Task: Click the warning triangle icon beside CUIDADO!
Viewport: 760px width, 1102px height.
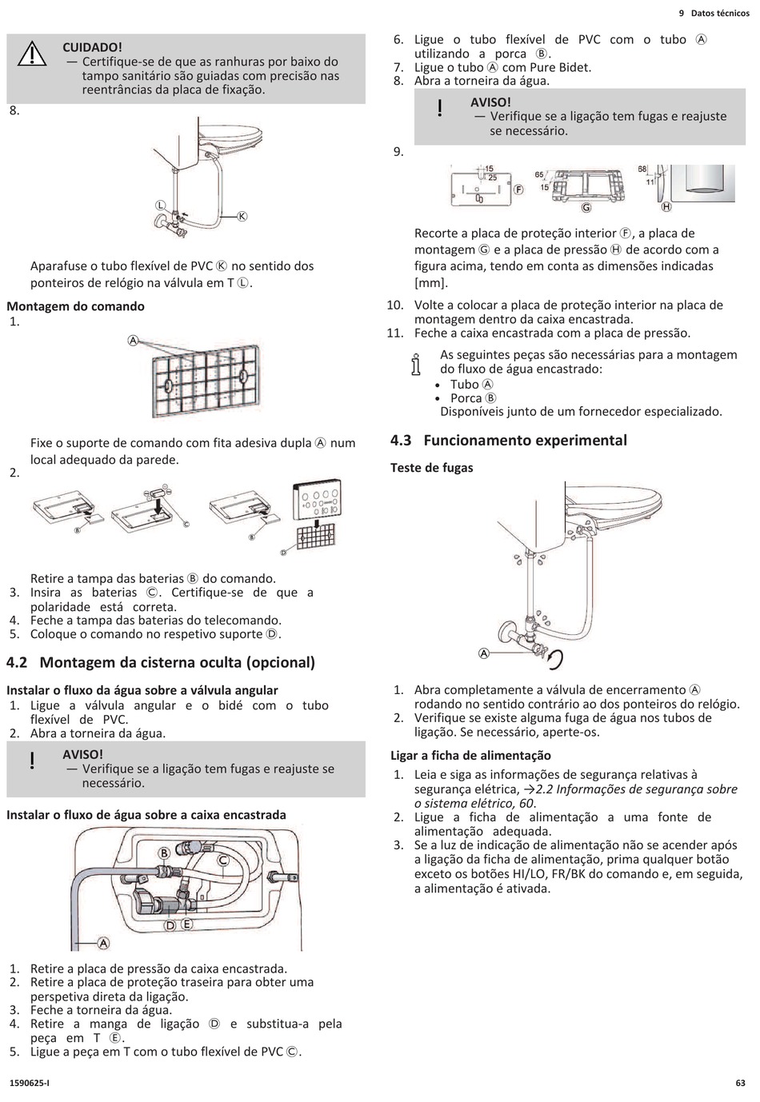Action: tap(33, 53)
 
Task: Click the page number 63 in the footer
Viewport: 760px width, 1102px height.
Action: tap(740, 1083)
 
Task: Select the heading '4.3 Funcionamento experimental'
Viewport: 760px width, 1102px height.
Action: tap(509, 440)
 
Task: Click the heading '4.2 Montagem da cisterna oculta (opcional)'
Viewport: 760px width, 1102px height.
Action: tap(161, 662)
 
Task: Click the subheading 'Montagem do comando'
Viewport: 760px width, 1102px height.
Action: tap(75, 306)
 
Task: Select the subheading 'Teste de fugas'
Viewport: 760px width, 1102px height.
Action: tap(431, 468)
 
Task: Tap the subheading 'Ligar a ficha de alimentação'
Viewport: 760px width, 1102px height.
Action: tap(470, 755)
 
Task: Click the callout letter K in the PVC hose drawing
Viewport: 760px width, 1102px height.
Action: tap(242, 216)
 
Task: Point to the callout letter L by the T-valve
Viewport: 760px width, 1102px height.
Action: tap(160, 205)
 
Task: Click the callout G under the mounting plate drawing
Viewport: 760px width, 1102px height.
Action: tap(586, 208)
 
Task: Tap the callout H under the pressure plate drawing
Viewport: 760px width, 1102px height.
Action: tap(666, 207)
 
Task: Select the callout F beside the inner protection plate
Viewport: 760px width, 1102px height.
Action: tap(518, 190)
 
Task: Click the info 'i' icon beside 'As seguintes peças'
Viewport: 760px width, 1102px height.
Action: tap(414, 364)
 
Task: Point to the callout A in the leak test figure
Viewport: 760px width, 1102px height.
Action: tap(484, 653)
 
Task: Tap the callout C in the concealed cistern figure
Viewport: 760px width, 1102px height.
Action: tap(223, 860)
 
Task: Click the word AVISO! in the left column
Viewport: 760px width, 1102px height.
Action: tap(82, 754)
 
